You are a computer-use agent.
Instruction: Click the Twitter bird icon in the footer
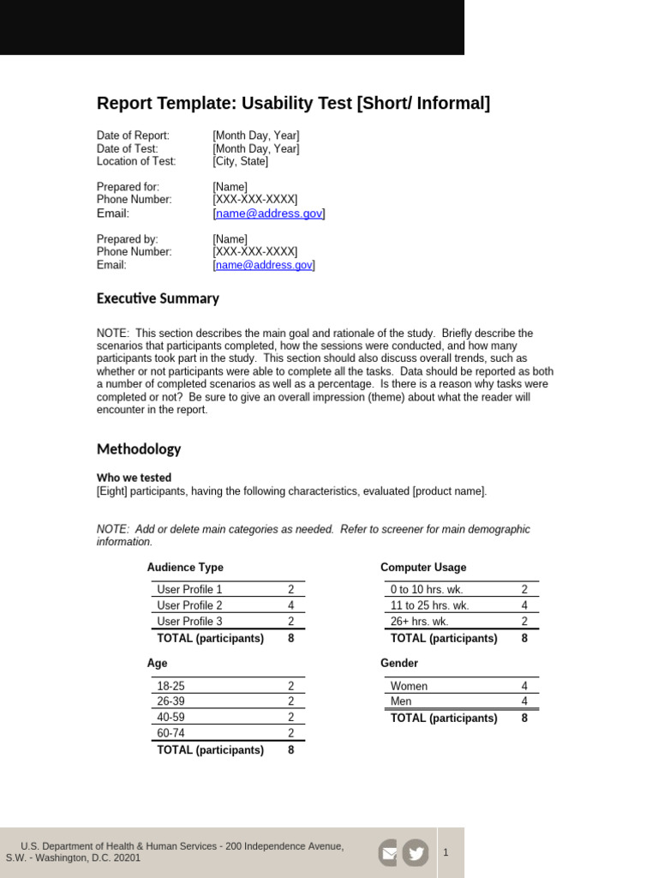416,852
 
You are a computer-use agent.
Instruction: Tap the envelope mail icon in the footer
388,852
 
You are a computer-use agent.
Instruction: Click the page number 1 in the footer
446,852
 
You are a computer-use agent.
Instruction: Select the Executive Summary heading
158,298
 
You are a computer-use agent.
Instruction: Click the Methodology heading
139,448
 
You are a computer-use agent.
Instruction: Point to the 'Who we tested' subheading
134,478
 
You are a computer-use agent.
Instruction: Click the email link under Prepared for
269,213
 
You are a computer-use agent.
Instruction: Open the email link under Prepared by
264,265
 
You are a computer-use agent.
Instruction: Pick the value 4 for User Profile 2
291,605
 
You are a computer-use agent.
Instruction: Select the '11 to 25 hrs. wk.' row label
429,605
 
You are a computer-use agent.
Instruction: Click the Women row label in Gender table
409,686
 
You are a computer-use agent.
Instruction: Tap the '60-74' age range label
170,733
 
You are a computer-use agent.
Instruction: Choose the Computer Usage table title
423,568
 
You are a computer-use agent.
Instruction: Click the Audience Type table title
185,568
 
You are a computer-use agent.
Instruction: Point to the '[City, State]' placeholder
241,161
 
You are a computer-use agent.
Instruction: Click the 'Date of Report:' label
133,135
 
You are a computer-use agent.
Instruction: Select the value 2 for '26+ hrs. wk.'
524,622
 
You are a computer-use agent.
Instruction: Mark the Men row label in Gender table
401,701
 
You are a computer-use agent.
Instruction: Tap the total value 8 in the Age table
291,750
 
